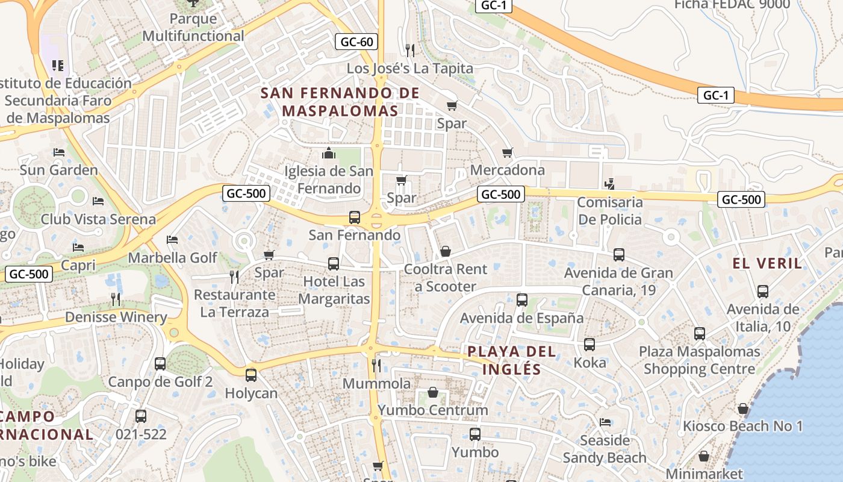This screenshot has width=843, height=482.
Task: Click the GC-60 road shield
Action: (x=357, y=42)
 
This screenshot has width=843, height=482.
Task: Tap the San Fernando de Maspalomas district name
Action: (x=340, y=102)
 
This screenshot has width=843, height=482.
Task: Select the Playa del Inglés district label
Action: (x=512, y=360)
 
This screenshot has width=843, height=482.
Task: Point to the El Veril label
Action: (x=768, y=263)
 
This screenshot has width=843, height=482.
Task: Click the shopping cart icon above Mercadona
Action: (x=508, y=152)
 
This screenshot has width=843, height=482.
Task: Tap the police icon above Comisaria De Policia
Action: (x=609, y=184)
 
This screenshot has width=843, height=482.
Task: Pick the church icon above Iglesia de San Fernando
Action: (x=329, y=153)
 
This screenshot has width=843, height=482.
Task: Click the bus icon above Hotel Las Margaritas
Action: (x=334, y=263)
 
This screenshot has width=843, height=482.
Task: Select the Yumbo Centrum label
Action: (x=432, y=410)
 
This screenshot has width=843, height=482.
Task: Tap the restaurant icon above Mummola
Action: (x=376, y=365)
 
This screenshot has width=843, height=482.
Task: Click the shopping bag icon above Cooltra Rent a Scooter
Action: (x=446, y=251)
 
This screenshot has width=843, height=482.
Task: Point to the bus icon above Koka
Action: (x=589, y=344)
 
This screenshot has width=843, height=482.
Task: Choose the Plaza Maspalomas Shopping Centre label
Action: (x=699, y=360)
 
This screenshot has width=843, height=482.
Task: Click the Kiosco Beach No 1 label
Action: (x=742, y=426)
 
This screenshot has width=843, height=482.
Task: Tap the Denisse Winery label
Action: (x=116, y=317)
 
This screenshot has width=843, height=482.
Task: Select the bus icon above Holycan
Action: (x=251, y=375)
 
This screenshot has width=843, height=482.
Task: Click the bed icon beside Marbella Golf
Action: (x=172, y=240)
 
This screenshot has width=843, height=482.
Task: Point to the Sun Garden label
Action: (x=58, y=170)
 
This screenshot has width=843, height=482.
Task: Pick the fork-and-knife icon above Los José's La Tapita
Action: (x=410, y=49)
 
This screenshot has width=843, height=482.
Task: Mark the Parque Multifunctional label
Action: (x=193, y=27)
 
